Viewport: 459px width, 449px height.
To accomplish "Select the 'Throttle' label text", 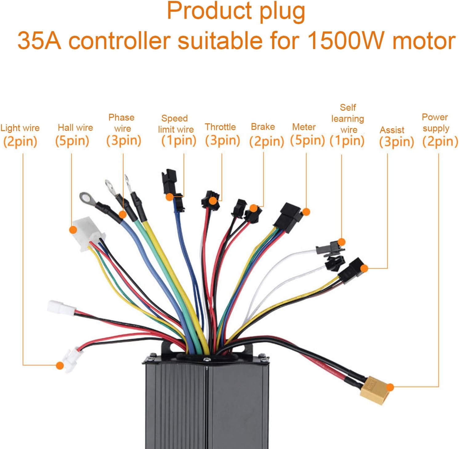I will [x=220, y=127].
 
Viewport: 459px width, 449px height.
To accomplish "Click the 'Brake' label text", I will [x=263, y=127].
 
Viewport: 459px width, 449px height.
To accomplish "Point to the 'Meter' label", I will [x=304, y=127].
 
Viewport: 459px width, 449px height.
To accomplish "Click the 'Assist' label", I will [x=392, y=130].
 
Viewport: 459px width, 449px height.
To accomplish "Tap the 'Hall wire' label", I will [x=75, y=128].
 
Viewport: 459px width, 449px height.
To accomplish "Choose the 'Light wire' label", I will [x=20, y=128].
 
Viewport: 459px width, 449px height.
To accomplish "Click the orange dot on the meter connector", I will [x=306, y=212].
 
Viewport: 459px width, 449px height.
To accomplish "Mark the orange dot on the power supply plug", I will [x=390, y=387].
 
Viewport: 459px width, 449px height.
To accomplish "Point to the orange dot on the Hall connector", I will [x=73, y=230].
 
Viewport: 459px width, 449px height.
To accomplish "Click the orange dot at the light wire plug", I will [x=60, y=366].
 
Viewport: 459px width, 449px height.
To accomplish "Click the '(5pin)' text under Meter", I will [x=307, y=141].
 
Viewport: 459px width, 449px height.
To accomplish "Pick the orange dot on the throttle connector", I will [x=212, y=201].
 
